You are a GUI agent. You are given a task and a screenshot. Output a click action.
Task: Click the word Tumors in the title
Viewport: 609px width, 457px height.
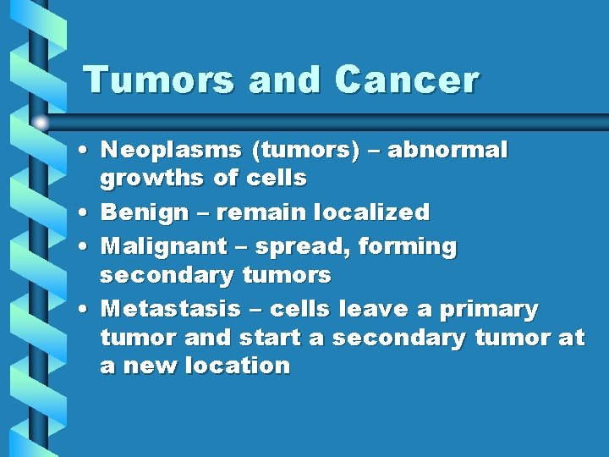pos(161,80)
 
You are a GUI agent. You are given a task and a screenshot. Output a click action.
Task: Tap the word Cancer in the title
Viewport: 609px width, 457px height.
pos(407,80)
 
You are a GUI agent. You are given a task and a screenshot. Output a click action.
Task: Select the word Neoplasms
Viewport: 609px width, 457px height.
pos(171,151)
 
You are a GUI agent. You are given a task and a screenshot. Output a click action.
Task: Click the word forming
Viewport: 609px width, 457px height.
pos(408,247)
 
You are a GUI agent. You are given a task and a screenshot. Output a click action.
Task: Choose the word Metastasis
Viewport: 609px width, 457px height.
pos(174,310)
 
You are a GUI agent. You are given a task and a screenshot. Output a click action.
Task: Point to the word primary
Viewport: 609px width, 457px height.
pos(490,310)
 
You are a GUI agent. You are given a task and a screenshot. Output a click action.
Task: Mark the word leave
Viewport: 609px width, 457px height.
pos(372,310)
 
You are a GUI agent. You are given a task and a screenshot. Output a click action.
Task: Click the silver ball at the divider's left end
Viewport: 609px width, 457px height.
pos(41,123)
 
